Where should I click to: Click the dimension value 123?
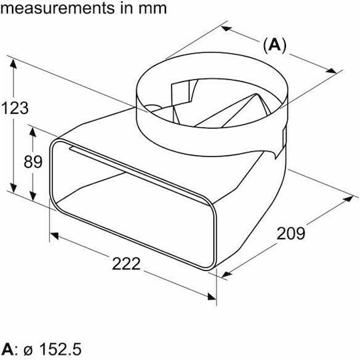click(15, 108)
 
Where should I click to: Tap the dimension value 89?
click(33, 162)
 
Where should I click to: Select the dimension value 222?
click(126, 264)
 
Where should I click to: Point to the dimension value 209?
click(291, 233)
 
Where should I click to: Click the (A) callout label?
click(275, 45)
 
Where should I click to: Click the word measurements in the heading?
click(57, 8)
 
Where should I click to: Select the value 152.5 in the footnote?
click(61, 349)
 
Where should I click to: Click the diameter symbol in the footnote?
click(28, 351)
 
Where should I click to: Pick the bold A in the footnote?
click(7, 349)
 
